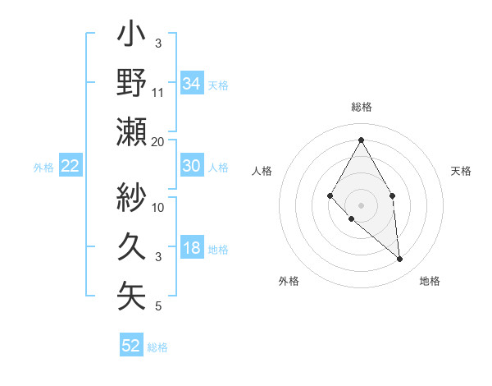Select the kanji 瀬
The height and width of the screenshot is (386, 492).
point(132,131)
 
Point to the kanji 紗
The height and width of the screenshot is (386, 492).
point(132,197)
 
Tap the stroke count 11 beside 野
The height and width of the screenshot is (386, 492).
point(158,93)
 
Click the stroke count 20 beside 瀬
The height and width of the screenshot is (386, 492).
point(158,142)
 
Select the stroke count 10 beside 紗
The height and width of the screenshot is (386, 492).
point(158,208)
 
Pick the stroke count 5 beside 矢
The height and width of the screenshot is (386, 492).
point(158,306)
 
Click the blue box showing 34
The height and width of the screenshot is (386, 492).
point(191,83)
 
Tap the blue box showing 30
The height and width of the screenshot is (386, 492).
point(191,166)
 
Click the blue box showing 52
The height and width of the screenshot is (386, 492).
point(131,346)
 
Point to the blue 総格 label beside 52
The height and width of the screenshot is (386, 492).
point(157,347)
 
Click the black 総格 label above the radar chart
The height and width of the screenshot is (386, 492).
point(361,108)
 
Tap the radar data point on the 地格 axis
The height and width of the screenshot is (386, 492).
point(400,260)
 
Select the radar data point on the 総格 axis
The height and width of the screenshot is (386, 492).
point(361,139)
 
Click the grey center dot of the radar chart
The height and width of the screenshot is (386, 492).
point(361,204)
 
